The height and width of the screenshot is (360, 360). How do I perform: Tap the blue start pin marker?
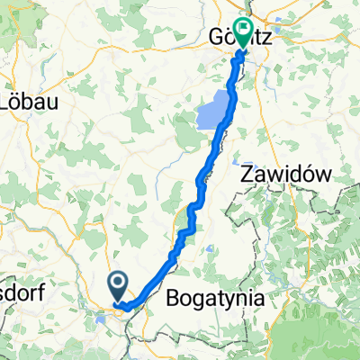click(119, 287)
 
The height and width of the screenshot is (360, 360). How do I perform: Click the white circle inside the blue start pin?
click(119, 284)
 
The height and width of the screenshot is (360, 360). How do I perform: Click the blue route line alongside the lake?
click(229, 108)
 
